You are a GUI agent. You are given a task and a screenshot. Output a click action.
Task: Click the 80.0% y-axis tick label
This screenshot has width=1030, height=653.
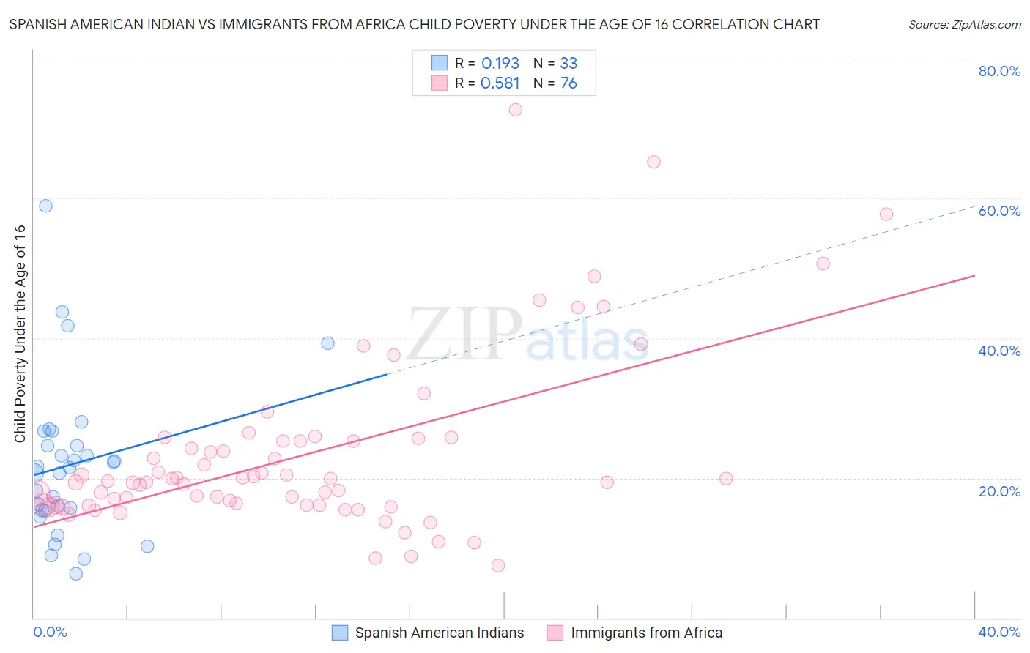pos(999,71)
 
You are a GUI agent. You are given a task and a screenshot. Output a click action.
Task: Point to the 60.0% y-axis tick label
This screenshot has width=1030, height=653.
pos(999,211)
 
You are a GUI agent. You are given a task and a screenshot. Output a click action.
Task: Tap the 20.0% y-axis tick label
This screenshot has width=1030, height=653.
pos(999,491)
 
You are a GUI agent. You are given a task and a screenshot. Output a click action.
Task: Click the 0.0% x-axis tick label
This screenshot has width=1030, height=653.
pos(50,632)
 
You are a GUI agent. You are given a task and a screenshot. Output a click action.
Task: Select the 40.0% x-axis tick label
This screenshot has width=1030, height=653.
pos(999,632)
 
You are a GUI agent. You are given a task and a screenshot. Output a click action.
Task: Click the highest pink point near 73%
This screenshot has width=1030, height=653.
pos(515,110)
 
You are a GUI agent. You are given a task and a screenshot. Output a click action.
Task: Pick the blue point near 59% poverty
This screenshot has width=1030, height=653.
pos(45,206)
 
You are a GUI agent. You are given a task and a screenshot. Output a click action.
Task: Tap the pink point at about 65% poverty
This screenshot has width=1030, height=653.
pos(653,162)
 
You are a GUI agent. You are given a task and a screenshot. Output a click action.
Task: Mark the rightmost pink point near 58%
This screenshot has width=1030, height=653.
pos(886,214)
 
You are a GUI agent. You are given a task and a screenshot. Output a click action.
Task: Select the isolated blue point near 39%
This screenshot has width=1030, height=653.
pos(327,343)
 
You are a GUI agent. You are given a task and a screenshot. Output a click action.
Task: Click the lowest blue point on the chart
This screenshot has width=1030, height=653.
pos(75,573)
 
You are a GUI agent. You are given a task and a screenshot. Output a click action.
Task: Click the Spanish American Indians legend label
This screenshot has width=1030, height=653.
pos(440,633)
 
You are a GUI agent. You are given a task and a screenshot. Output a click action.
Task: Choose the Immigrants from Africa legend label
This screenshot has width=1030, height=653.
pos(646,633)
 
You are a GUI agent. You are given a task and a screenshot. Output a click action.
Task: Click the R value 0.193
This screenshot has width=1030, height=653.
pos(500,64)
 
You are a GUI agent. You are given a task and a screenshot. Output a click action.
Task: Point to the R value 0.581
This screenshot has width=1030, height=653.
pos(500,83)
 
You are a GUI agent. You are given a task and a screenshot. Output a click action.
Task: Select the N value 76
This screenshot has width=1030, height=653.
pos(568,83)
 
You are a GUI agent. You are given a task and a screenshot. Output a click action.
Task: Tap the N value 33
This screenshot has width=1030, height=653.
pos(568,64)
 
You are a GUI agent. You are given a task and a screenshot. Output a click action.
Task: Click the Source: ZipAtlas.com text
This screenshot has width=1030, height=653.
pos(964,25)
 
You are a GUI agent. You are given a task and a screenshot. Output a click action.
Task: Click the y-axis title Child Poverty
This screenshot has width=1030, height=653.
pos(21,333)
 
